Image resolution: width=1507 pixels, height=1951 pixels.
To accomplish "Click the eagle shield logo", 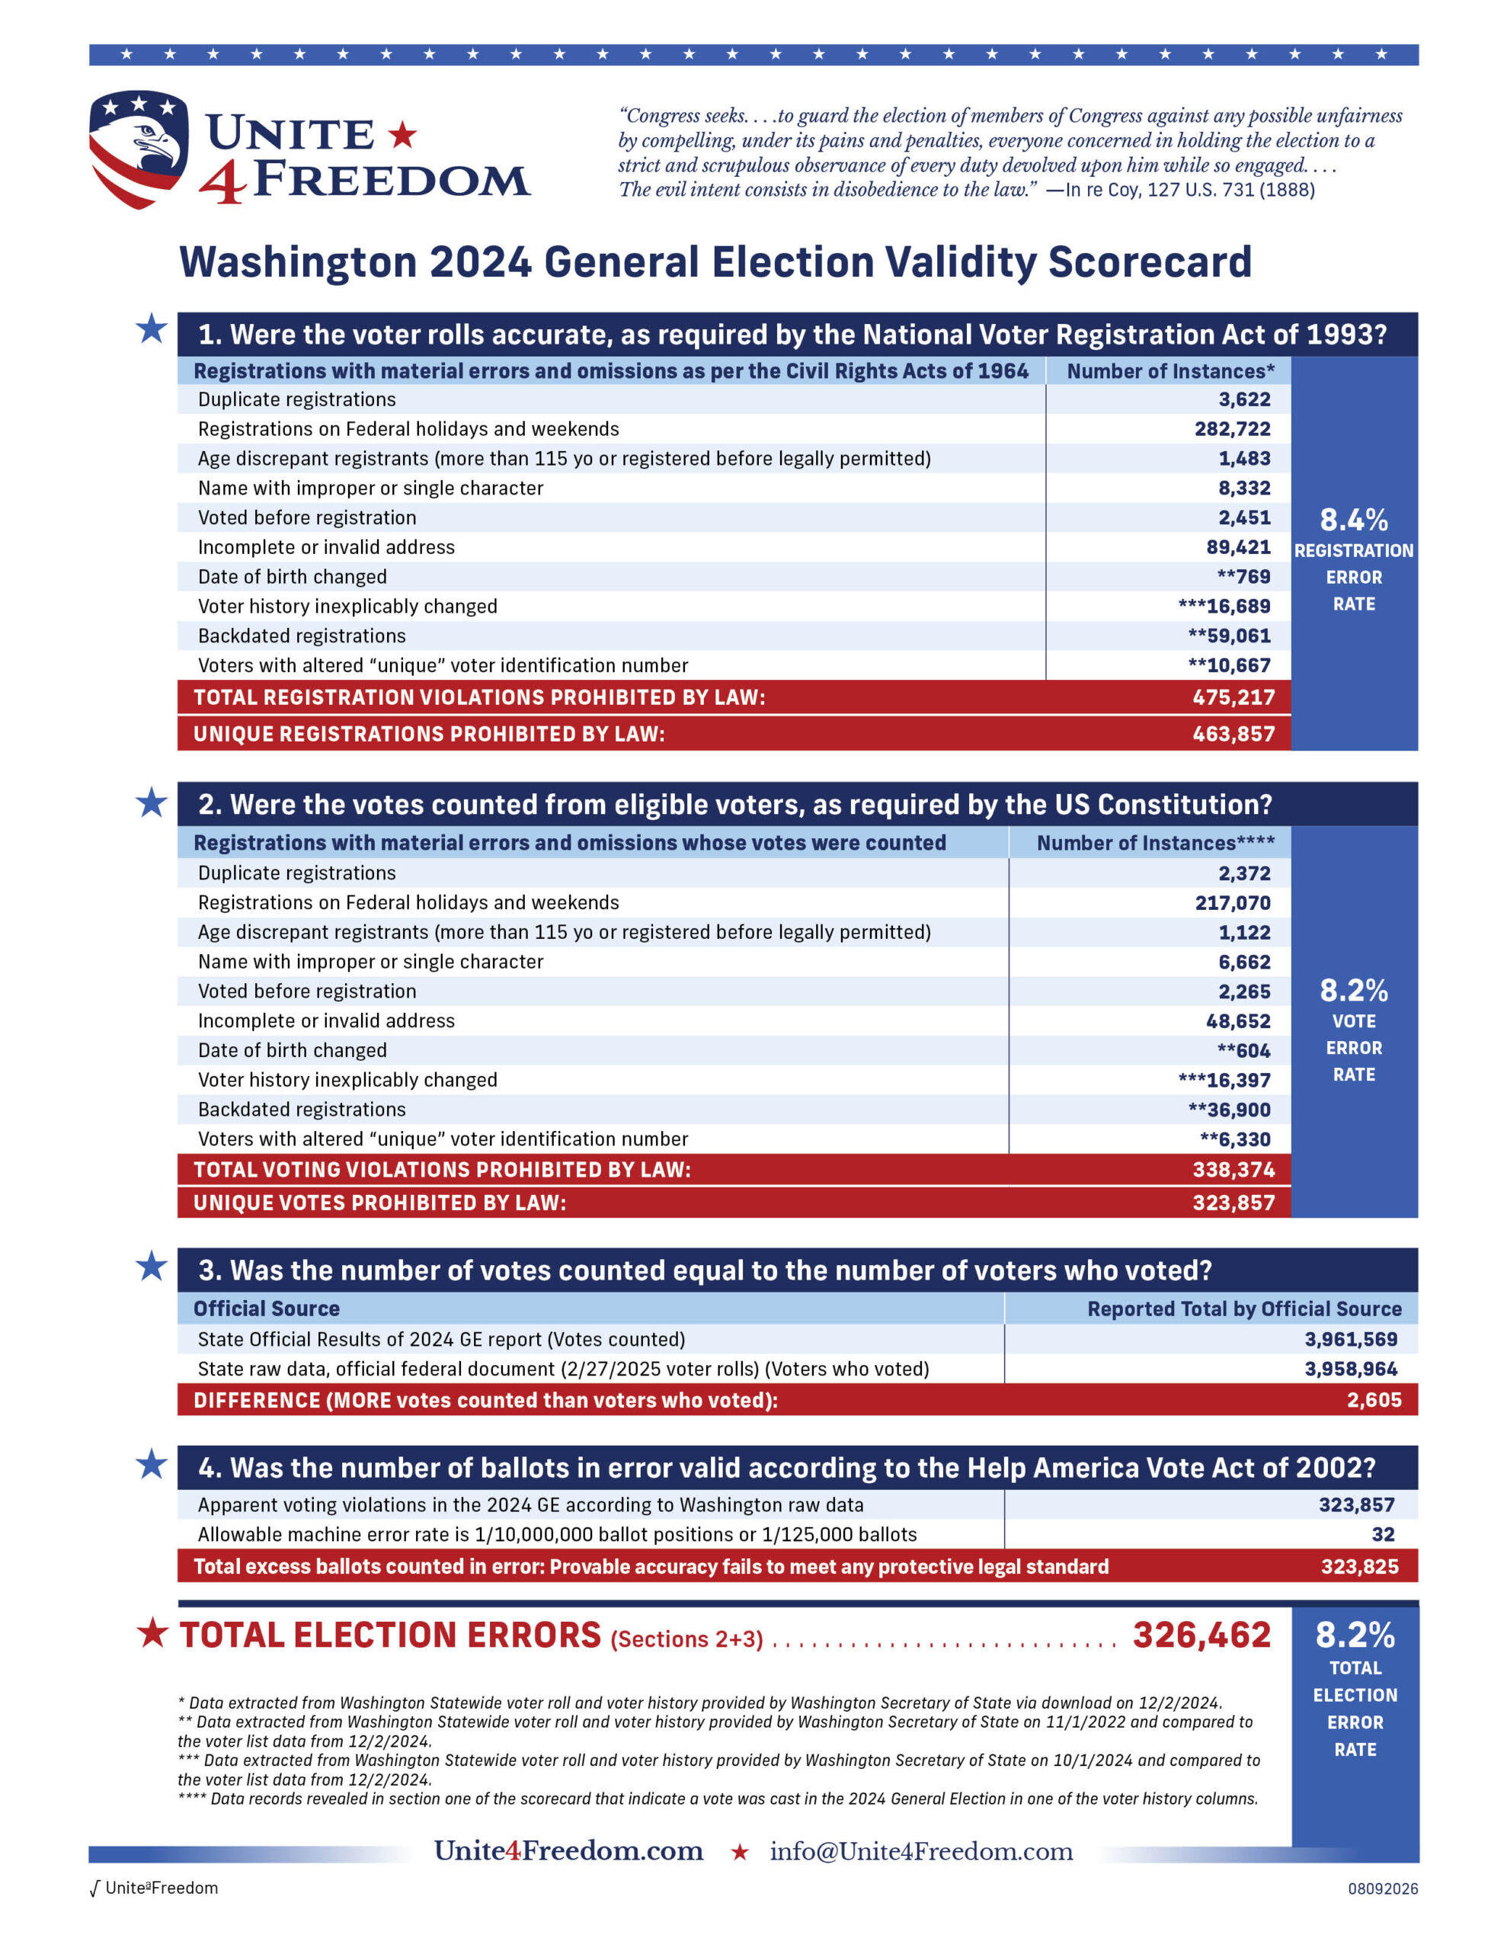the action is coord(139,149).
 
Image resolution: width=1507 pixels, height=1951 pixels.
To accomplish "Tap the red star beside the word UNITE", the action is coord(402,135).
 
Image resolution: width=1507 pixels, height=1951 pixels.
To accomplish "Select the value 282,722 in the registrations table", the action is coord(1232,429).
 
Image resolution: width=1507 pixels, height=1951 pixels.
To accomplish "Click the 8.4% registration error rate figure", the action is coord(1353,519).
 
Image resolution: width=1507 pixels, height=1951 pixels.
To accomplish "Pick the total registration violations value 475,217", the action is coord(1233,697).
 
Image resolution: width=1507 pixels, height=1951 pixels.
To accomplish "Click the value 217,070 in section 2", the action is coord(1232,902).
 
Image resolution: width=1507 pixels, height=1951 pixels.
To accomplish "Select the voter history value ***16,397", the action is coord(1224,1079).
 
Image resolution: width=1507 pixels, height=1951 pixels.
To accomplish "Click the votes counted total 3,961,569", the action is coord(1351,1339).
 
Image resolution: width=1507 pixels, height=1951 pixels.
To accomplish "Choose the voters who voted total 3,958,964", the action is coord(1351,1369).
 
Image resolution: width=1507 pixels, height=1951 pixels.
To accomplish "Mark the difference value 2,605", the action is coord(1374,1400).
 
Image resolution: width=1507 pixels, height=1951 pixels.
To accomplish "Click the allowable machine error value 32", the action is coord(1383,1534).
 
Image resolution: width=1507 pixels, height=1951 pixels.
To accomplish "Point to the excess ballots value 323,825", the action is coord(1360,1566).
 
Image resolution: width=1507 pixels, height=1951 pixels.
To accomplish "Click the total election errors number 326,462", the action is coord(1201,1635).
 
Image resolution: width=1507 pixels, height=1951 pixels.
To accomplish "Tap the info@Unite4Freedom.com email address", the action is coord(921,1851).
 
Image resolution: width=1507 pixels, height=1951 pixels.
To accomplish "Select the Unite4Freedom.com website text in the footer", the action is coord(568,1850).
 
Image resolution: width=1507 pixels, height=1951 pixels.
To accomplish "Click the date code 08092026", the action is coord(1383,1889).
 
